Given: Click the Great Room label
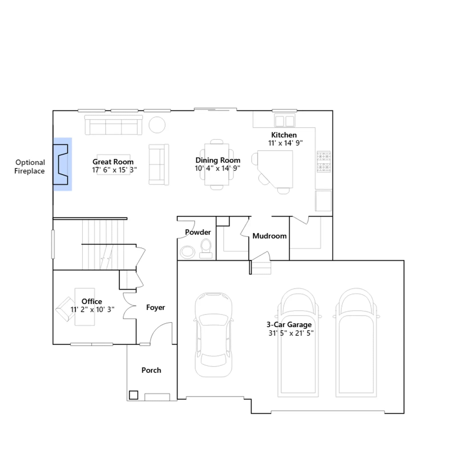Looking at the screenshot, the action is [113, 162].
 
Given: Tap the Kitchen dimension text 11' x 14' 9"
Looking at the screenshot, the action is [285, 143].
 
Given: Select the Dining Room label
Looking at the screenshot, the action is [218, 160].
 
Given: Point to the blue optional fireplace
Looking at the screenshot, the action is [62, 164].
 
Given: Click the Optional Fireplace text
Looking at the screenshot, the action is [30, 167].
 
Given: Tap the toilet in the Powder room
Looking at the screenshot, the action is [206, 248].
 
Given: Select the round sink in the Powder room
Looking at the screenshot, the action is [188, 252].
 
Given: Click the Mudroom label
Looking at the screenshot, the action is [269, 236].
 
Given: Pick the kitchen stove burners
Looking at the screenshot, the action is [324, 162].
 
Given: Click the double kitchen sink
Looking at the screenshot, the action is [284, 121].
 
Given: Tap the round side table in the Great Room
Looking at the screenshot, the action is [157, 125].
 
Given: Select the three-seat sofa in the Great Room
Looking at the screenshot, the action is [114, 125].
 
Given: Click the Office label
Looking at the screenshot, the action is [92, 301].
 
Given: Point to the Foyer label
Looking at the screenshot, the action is [156, 308].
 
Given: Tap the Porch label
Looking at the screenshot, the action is [151, 370].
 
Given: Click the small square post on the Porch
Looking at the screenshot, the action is [134, 395].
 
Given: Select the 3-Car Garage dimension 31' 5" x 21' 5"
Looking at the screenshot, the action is [291, 333].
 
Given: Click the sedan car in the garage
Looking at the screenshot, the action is [213, 335].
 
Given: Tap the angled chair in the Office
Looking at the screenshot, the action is [66, 309].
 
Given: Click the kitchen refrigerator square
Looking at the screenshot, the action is [323, 201].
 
